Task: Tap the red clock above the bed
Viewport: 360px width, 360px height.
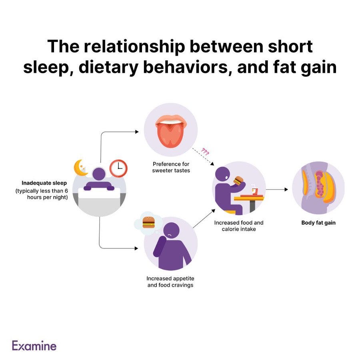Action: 118,168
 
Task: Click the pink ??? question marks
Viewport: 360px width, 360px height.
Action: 205,152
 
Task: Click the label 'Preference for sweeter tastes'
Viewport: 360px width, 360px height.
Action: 171,167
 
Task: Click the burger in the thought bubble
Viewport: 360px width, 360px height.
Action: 149,223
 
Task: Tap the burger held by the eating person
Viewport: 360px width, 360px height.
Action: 239,181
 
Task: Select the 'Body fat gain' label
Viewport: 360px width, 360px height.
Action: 318,223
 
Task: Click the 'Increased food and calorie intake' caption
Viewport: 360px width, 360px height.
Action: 239,226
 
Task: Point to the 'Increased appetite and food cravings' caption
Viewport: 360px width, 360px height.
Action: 170,282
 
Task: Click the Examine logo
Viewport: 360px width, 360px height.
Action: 34,346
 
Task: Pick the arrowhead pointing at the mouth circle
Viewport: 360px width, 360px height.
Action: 137,132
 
